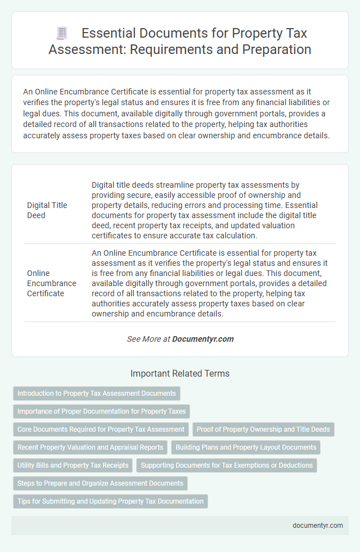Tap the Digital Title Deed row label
pos(47,210)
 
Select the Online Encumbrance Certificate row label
pos(52,283)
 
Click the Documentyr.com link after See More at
pos(202,339)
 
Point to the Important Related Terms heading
pos(180,373)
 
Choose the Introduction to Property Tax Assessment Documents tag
pos(97,393)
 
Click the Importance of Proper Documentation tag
pos(101,411)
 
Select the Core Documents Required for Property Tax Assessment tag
pos(101,429)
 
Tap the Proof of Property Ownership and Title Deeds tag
pos(264,429)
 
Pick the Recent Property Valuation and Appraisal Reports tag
pos(90,447)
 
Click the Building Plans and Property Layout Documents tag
pos(246,447)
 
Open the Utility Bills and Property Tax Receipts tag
pos(73,465)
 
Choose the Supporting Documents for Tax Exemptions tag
pos(227,465)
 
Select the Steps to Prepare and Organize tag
pos(100,483)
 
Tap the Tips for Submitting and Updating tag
pos(110,501)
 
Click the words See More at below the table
pos(148,339)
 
